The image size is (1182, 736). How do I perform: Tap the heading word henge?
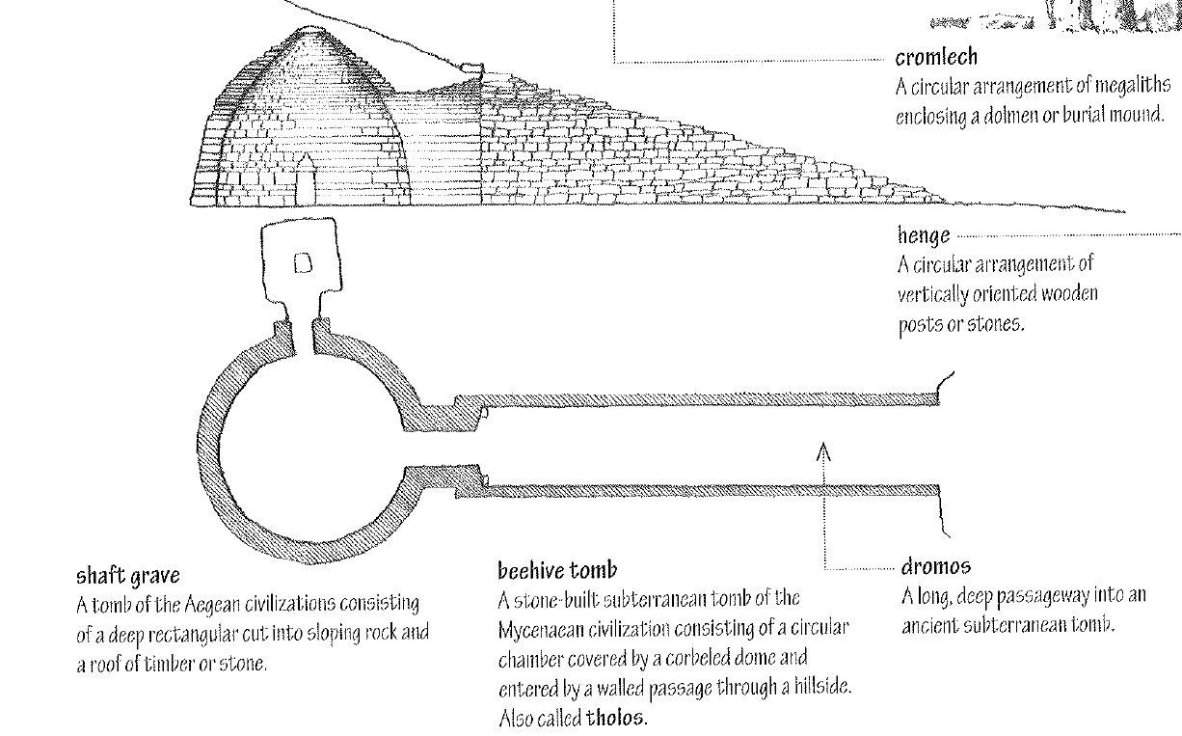click(923, 234)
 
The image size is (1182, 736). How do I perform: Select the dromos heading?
click(936, 566)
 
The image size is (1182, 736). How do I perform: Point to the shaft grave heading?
click(128, 577)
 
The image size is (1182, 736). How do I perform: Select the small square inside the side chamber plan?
click(302, 263)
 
